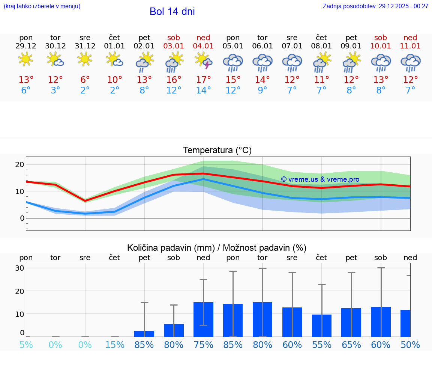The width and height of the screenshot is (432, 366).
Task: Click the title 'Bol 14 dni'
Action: [172, 12]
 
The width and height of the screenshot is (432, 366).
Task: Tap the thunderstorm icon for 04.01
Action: [203, 61]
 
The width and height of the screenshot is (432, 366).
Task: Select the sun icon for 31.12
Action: [85, 59]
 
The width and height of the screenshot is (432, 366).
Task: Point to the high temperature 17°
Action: [203, 80]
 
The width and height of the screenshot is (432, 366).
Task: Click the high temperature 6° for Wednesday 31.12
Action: [85, 80]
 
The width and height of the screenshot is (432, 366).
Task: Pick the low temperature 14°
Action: [203, 90]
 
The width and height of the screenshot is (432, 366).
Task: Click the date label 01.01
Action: [115, 46]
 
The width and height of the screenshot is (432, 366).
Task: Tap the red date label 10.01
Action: [381, 46]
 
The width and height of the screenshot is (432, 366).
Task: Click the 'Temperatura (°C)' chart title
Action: [217, 151]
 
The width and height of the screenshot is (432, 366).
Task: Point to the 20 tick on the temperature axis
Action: [19, 164]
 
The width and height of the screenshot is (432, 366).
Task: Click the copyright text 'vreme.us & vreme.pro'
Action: [320, 179]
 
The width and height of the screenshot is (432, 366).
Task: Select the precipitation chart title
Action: [217, 248]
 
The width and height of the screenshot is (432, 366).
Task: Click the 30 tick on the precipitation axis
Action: [19, 268]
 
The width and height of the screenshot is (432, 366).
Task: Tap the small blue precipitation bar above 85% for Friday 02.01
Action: [144, 334]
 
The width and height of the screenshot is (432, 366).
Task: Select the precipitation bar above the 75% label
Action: [203, 319]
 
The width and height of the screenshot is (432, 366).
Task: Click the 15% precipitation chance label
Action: [115, 345]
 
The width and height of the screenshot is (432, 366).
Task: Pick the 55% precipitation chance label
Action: [322, 345]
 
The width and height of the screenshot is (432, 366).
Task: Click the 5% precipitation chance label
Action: [26, 345]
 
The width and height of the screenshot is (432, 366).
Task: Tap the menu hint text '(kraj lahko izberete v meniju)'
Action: [42, 6]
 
